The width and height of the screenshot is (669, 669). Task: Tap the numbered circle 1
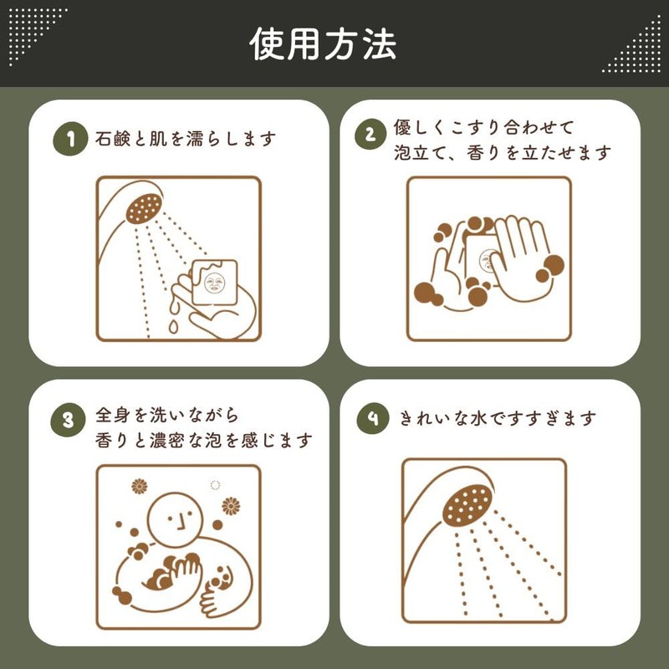pyautogui.click(x=70, y=140)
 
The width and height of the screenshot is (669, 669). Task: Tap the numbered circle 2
pyautogui.click(x=370, y=139)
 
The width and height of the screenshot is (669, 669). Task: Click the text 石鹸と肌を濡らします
pyautogui.click(x=186, y=140)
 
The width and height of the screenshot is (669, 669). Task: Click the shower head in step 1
pyautogui.click(x=141, y=207)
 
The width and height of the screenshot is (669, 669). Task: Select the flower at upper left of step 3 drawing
pyautogui.click(x=140, y=487)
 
